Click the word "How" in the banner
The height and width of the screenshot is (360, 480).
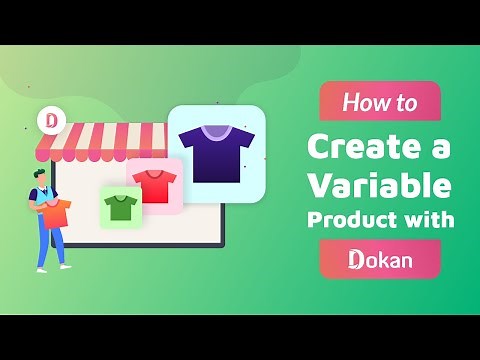click(363, 102)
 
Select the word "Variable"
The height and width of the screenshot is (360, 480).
click(379, 185)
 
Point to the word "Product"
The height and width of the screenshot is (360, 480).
click(356, 221)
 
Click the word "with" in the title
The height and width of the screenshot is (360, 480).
click(431, 220)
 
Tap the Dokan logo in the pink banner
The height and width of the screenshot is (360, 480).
click(380, 260)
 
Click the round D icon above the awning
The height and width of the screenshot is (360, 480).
click(53, 120)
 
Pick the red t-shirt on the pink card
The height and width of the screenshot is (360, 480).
click(154, 184)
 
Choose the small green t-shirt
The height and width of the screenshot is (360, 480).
click(121, 207)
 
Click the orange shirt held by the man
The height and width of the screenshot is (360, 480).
click(55, 211)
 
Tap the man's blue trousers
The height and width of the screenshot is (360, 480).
click(47, 242)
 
